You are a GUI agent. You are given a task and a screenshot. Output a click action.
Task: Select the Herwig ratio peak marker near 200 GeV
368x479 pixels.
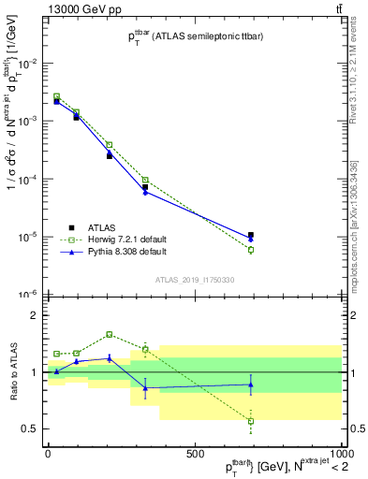[109, 334]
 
